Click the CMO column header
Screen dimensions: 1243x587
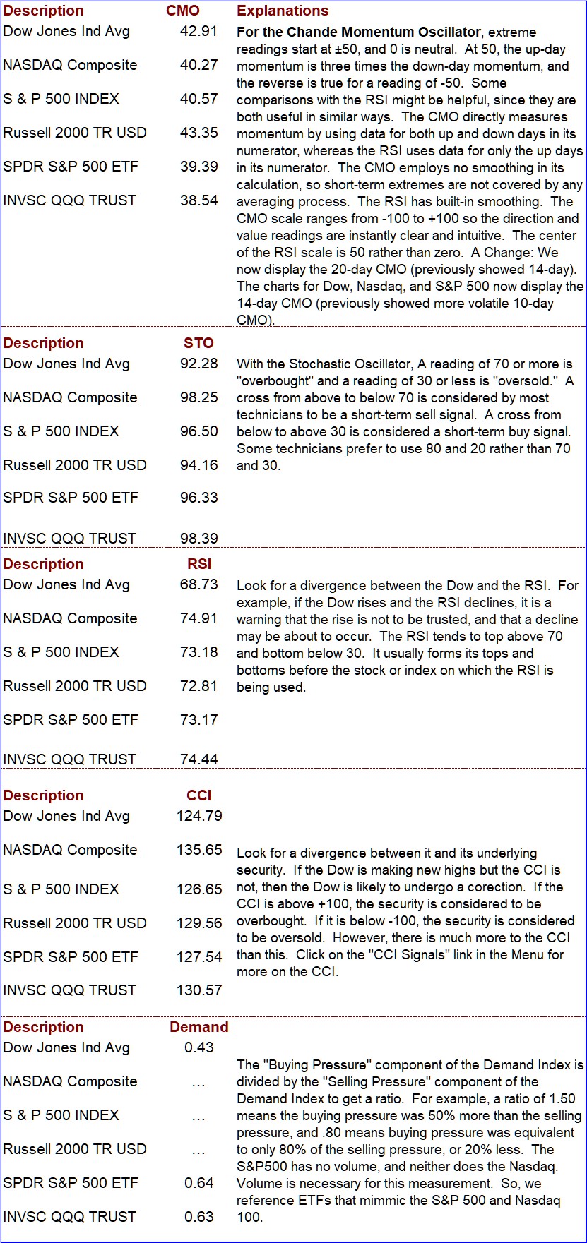pyautogui.click(x=183, y=11)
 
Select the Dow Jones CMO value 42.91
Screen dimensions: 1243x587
pyautogui.click(x=198, y=31)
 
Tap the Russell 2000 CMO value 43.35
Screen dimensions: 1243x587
pyautogui.click(x=198, y=133)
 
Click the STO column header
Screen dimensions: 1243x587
pyautogui.click(x=198, y=343)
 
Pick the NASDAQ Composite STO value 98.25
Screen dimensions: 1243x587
pyautogui.click(x=198, y=397)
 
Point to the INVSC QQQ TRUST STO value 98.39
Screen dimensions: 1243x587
pyautogui.click(x=198, y=539)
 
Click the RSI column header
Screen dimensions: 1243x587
pyautogui.click(x=200, y=564)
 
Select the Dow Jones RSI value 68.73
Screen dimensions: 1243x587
pyautogui.click(x=198, y=584)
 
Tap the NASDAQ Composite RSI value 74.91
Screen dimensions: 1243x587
pyautogui.click(x=198, y=618)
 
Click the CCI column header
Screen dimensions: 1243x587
pyautogui.click(x=199, y=795)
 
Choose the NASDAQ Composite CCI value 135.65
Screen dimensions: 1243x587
pyautogui.click(x=199, y=850)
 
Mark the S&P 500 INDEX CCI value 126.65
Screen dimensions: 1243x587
pyautogui.click(x=199, y=889)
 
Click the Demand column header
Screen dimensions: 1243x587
pyautogui.click(x=199, y=1027)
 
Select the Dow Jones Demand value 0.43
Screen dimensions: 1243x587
pyautogui.click(x=199, y=1047)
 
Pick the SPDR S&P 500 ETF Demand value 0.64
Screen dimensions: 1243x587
pyautogui.click(x=199, y=1183)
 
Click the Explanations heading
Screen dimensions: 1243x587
pyautogui.click(x=283, y=11)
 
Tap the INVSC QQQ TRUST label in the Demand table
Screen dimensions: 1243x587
pyautogui.click(x=69, y=1217)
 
